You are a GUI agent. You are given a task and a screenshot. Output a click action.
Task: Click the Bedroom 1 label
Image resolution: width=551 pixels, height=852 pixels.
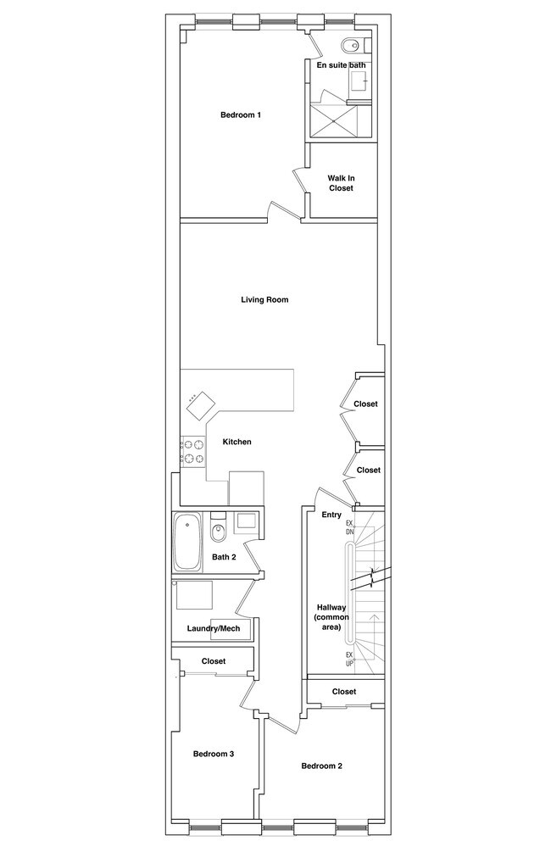(241, 114)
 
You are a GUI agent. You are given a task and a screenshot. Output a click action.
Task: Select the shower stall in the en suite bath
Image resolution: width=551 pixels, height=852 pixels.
(334, 120)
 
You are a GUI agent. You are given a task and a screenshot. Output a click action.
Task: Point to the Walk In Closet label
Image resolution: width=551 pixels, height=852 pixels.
(341, 183)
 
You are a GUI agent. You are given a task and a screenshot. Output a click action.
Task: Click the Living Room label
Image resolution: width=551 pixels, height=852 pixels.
(264, 299)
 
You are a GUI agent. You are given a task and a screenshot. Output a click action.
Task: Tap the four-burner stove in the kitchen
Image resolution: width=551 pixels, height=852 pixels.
(194, 452)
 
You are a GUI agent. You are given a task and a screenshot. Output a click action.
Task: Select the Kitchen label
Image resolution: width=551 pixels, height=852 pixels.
(237, 442)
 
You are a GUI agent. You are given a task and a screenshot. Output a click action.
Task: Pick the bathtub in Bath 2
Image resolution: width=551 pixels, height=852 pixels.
(187, 543)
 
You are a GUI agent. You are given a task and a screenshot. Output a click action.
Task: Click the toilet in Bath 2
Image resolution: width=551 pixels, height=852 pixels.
(218, 531)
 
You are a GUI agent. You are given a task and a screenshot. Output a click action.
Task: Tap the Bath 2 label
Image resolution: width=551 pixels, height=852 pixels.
(224, 557)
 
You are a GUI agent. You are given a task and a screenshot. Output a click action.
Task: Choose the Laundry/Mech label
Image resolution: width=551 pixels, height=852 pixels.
(214, 629)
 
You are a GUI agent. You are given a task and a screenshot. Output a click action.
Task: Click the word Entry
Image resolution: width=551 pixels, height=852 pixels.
(331, 515)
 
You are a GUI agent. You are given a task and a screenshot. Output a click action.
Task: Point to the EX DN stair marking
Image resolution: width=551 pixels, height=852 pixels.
(350, 527)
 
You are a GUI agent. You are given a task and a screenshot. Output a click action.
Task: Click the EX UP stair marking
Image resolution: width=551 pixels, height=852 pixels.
(350, 659)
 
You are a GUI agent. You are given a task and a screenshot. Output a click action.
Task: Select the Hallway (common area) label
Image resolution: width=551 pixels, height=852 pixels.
(331, 617)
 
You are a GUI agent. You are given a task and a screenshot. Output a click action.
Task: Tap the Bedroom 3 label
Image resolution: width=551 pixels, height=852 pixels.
(214, 754)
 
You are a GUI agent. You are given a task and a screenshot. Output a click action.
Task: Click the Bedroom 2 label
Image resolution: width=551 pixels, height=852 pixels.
(321, 766)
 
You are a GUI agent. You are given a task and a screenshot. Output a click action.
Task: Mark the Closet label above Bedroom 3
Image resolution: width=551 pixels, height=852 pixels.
(214, 661)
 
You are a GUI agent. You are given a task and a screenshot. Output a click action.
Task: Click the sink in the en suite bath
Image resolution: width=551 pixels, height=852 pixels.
(358, 82)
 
